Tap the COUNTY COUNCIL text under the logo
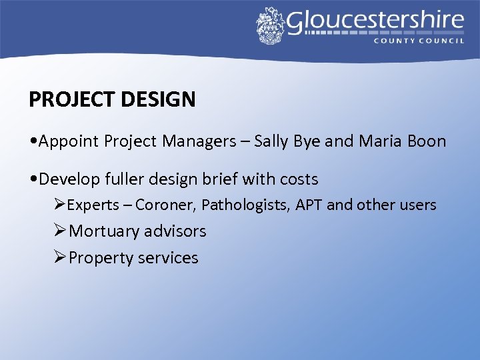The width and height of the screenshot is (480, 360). coord(418,41)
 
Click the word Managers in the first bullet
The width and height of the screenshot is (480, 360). coord(199,141)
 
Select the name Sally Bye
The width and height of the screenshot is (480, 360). coord(292,141)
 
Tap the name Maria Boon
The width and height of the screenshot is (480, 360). coord(402,141)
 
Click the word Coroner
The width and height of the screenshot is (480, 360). coord(165,205)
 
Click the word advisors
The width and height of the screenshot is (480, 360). coord(175,231)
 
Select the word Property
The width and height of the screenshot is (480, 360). coord(99,258)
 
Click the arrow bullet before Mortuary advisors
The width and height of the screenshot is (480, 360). coord(60,231)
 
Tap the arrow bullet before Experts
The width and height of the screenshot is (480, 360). coord(60,205)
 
